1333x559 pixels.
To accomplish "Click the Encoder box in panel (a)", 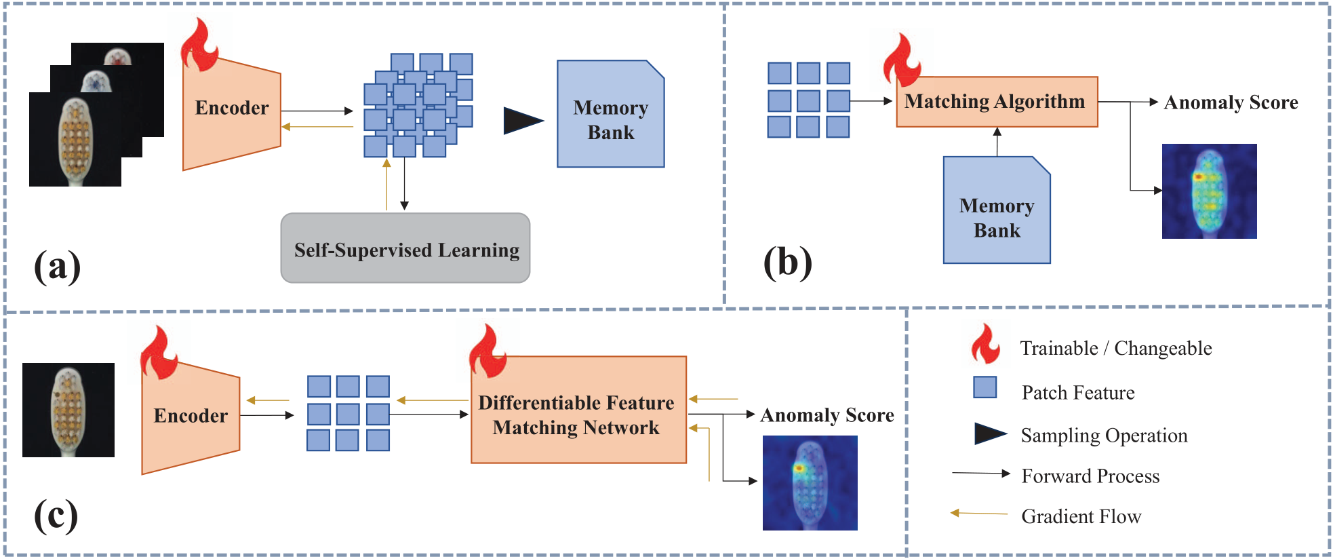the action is coord(232,112).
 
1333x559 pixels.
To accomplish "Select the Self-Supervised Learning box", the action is coord(405,248).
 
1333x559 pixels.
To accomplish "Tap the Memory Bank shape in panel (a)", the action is coord(610,114).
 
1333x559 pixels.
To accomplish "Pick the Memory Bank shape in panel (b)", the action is coord(997,210).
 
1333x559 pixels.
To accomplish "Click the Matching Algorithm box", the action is coord(997,102).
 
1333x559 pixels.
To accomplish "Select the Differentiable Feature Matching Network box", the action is coord(578,410).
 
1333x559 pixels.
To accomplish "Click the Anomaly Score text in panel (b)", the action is coord(1231,102).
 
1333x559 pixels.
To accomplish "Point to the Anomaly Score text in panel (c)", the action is coord(827,415).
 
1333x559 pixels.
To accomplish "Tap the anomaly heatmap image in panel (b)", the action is coord(1209,191).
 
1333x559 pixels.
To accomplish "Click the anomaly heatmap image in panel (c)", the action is coord(810,483).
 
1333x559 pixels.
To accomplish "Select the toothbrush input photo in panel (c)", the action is coord(68,410).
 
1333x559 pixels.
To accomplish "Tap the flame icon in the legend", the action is coord(985,344).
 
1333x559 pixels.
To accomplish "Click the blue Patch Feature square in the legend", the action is coord(984,387).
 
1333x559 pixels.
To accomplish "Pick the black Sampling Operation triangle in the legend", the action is coord(990,433).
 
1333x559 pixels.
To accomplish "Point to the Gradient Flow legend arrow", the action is coord(978,514).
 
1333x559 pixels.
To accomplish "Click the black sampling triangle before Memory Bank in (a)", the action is coord(523,121).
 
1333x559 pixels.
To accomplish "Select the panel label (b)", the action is coord(787,263).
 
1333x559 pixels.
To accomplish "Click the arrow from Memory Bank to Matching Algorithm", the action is coord(997,142).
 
